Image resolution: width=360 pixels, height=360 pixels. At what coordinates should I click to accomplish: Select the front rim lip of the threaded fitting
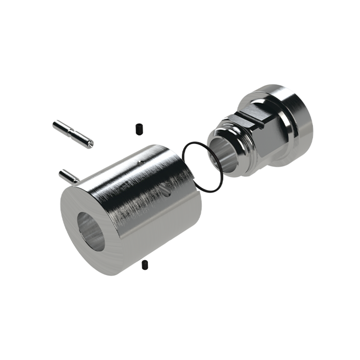click(213, 144)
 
